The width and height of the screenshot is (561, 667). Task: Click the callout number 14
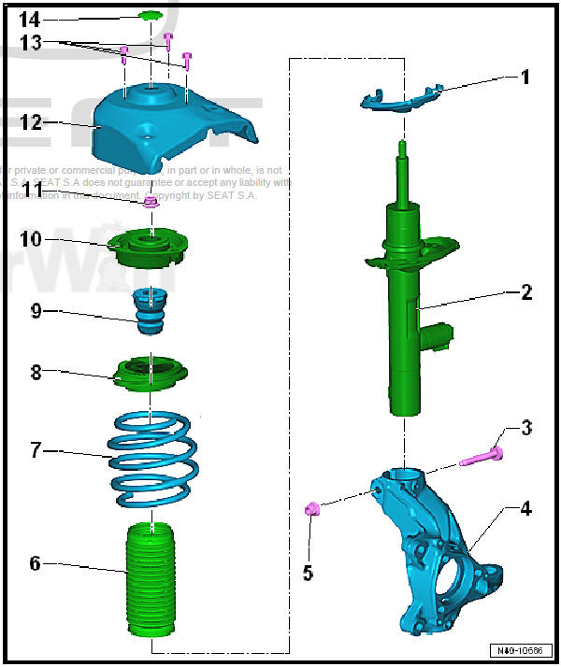point(30,20)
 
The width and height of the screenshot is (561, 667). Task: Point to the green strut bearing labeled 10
point(150,248)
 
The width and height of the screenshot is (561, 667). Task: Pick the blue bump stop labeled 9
point(147,313)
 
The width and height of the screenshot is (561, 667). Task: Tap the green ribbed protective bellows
point(150,579)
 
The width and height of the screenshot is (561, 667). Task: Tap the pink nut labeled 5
point(314,508)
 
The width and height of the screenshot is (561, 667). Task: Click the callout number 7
point(35,451)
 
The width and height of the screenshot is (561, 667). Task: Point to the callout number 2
point(526,292)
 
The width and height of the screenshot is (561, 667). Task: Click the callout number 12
point(32,121)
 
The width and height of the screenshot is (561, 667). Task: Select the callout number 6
point(35,563)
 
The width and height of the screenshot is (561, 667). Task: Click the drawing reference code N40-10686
point(521,650)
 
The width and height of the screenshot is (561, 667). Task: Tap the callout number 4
point(526,509)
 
